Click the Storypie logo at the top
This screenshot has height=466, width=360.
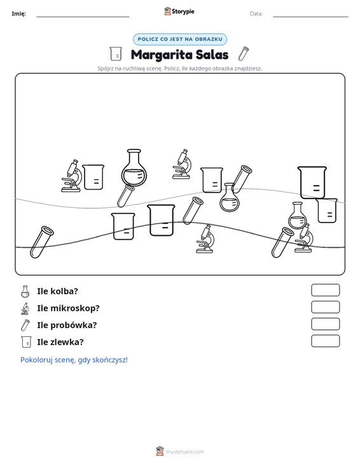[x=179, y=11]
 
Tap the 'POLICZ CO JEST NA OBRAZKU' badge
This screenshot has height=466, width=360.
[x=180, y=39]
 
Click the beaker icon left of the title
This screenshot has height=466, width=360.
[x=116, y=54]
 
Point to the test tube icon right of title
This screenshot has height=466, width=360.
[x=244, y=53]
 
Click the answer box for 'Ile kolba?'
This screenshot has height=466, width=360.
[x=325, y=290]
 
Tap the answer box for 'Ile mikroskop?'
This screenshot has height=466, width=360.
[x=325, y=307]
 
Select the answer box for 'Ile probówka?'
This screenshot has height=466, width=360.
[x=325, y=324]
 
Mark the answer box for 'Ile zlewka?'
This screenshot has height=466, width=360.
[x=325, y=341]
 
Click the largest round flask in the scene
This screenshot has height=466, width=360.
[x=134, y=168]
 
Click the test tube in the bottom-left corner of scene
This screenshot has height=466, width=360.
[x=41, y=242]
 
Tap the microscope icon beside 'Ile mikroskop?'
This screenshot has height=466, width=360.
[x=25, y=308]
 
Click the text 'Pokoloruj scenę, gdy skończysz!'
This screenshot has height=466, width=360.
[x=74, y=360]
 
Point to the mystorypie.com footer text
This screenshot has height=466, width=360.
[x=184, y=452]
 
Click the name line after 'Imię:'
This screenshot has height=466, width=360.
[x=83, y=17]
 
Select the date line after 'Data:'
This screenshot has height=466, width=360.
[x=310, y=17]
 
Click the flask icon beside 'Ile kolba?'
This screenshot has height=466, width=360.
[x=25, y=292]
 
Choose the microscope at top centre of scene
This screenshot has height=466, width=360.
[x=182, y=164]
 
